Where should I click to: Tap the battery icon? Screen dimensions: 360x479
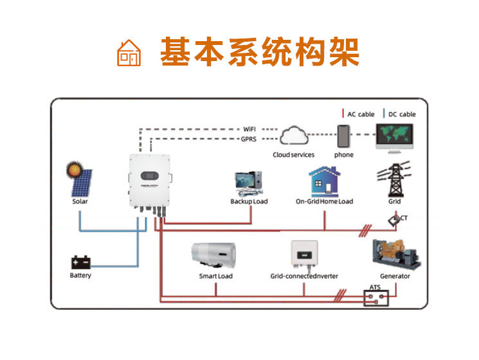82,263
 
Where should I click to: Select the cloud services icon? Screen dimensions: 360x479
295,136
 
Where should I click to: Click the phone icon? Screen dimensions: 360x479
345,136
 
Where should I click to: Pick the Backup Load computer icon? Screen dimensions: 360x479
248,183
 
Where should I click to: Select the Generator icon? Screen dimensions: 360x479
395,253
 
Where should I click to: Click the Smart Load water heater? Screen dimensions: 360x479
214,253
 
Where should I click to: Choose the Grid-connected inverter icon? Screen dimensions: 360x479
304,255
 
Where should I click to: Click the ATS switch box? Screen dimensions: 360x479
376,298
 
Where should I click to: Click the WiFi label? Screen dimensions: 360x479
249,129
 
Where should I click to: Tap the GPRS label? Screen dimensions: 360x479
249,139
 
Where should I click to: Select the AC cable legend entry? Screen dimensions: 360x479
359,114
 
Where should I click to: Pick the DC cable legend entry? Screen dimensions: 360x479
400,114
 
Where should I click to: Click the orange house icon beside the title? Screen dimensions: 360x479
129,52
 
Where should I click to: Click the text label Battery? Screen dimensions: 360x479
80,276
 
